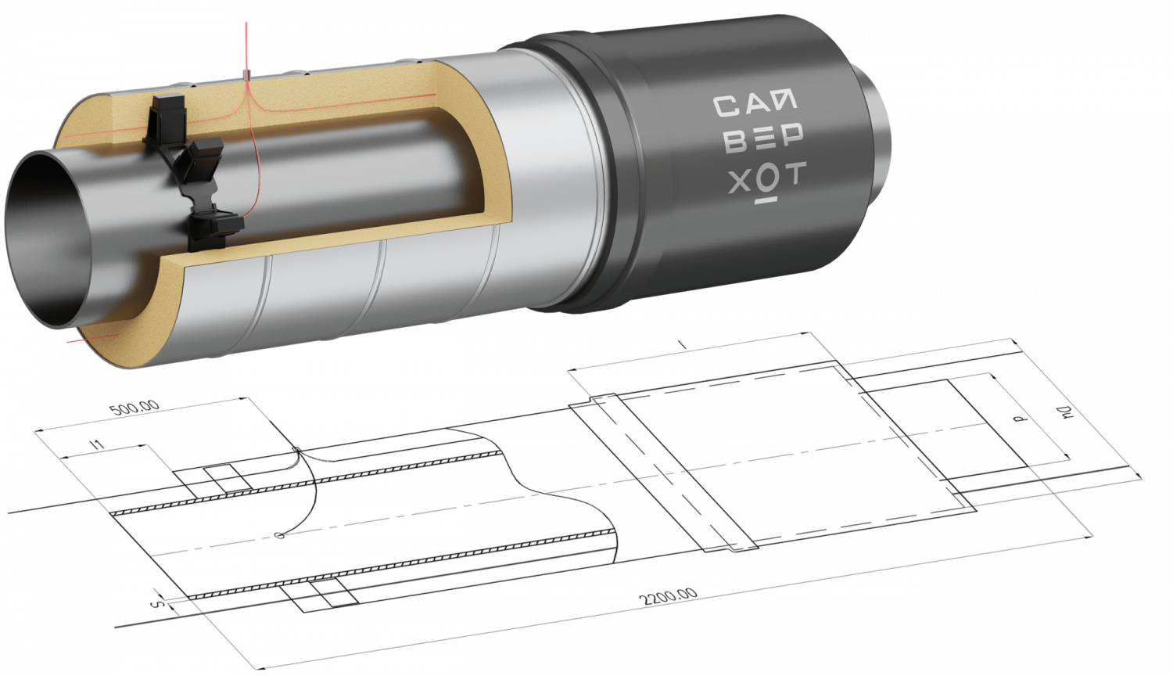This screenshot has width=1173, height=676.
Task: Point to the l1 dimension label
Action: pos(98,444)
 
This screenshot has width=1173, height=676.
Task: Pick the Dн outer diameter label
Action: pos(1064,412)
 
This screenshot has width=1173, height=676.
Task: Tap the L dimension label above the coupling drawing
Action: pos(681,344)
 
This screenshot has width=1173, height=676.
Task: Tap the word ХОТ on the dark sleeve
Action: pos(767,178)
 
